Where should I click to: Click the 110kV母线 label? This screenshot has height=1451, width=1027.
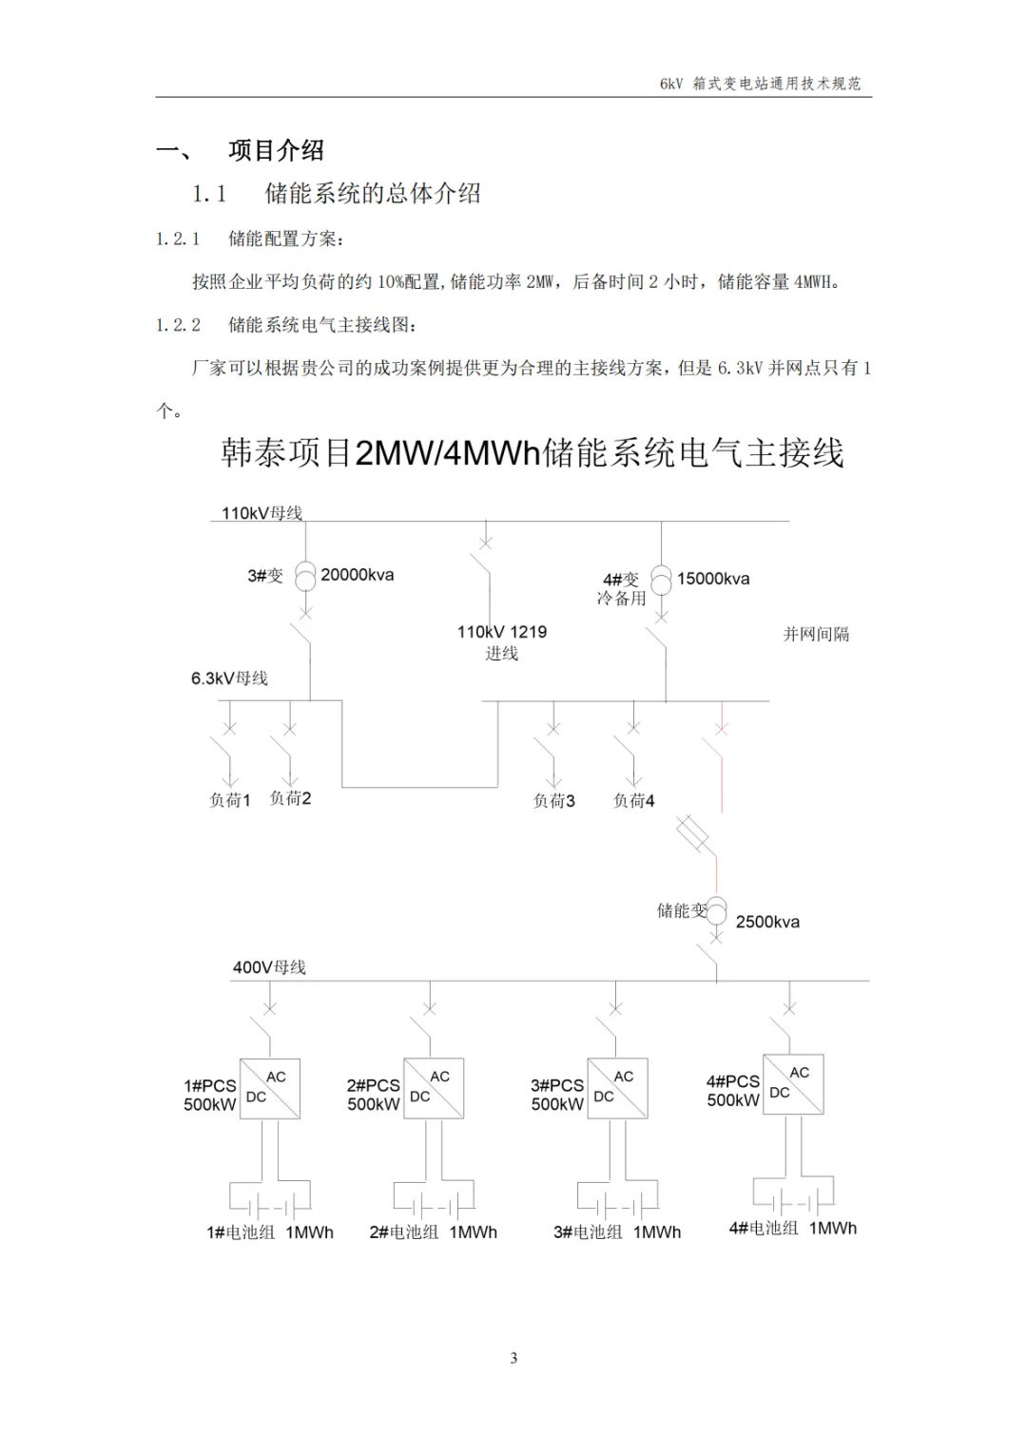pyautogui.click(x=262, y=513)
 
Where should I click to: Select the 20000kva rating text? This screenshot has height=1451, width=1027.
pyautogui.click(x=357, y=575)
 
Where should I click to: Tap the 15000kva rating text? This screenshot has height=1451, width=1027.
pyautogui.click(x=713, y=579)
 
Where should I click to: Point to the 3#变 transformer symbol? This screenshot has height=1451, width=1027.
pyautogui.click(x=305, y=575)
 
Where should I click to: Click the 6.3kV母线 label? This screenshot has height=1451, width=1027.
pyautogui.click(x=229, y=678)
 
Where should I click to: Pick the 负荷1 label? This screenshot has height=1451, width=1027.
pyautogui.click(x=229, y=800)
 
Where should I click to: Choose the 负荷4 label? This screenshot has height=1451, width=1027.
pyautogui.click(x=633, y=801)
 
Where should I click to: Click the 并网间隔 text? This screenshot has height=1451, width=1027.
pyautogui.click(x=816, y=634)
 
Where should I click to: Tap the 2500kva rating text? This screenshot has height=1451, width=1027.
pyautogui.click(x=767, y=922)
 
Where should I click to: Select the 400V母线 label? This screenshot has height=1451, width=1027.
pyautogui.click(x=269, y=967)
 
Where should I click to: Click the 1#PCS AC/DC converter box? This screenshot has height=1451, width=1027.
pyautogui.click(x=270, y=1088)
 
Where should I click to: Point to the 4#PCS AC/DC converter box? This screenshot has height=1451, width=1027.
pyautogui.click(x=793, y=1084)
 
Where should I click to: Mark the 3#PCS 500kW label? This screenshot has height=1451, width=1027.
pyautogui.click(x=557, y=1095)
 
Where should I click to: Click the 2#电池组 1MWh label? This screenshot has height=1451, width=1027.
pyautogui.click(x=433, y=1232)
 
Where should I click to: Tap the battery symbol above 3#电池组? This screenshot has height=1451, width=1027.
pyautogui.click(x=618, y=1201)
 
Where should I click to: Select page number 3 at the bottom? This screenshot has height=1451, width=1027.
pyautogui.click(x=513, y=1358)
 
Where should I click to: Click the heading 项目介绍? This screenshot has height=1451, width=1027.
pyautogui.click(x=276, y=150)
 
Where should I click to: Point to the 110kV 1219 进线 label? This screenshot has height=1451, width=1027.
pyautogui.click(x=501, y=642)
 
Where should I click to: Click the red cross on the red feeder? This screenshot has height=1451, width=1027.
pyautogui.click(x=721, y=729)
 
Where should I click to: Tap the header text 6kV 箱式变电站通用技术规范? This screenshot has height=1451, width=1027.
pyautogui.click(x=760, y=84)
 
